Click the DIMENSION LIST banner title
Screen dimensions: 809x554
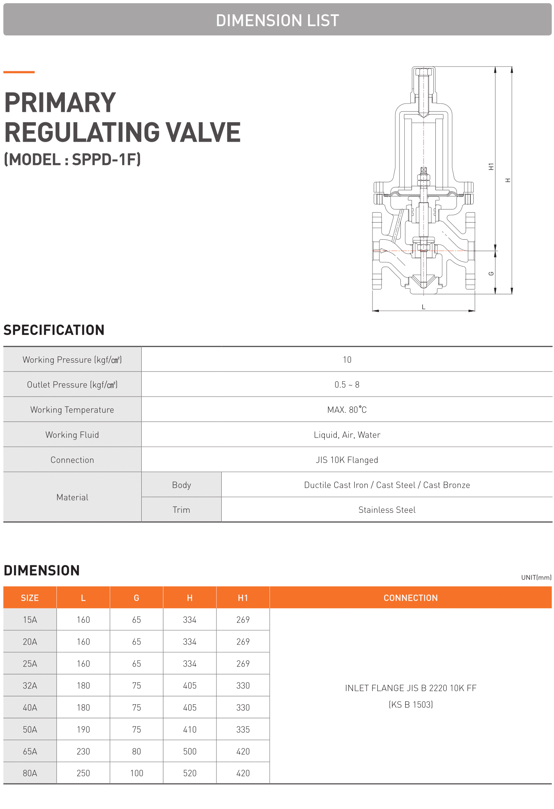277,20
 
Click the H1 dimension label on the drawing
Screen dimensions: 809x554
491,166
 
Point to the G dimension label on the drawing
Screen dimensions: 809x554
491,274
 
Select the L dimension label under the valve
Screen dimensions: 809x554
423,307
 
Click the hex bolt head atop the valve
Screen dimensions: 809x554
423,72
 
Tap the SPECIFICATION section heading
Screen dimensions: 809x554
54,330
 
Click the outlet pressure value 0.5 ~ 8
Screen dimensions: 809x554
347,385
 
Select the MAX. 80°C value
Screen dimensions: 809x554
347,410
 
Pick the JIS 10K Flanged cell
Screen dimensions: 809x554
347,460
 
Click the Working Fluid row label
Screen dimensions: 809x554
72,435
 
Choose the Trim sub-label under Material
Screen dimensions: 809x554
181,510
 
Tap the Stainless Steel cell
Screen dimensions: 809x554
387,510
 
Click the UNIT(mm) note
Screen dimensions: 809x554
536,577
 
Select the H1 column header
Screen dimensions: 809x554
243,598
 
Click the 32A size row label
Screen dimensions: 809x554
30,686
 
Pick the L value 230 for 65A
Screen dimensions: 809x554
83,751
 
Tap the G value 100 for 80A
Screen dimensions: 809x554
137,773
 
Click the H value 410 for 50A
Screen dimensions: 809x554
190,729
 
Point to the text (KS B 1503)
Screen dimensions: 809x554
411,704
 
